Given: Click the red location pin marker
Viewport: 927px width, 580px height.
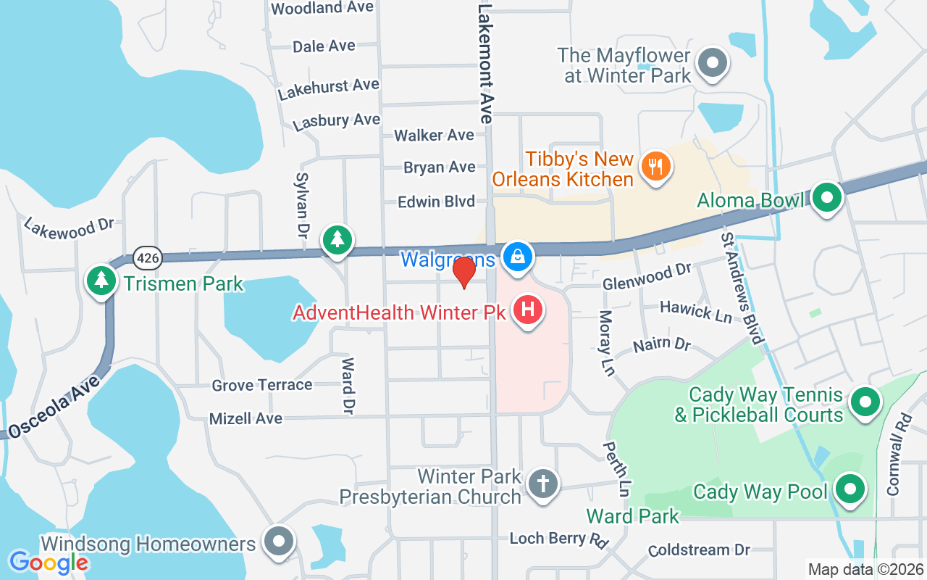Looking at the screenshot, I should point(463,271).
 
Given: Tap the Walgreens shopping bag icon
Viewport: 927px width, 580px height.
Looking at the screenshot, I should point(519,256).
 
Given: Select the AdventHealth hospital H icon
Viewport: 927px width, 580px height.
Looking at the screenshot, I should point(528,311).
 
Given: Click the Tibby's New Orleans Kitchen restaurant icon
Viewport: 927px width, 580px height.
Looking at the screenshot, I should point(656,166).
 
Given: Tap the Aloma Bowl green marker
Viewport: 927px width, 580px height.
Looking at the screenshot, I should point(826,197).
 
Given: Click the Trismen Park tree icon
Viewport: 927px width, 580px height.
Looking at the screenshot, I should point(101,281).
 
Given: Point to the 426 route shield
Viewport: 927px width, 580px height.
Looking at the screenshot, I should point(148,257).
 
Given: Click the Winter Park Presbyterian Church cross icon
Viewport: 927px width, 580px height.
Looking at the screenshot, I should point(542,483).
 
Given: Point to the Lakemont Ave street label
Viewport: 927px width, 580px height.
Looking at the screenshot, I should point(485,61).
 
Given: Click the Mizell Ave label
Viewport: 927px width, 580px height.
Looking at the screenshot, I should point(246,418).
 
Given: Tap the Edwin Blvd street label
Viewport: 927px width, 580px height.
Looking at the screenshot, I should point(436,202).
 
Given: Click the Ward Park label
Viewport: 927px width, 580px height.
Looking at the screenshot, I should point(632,516).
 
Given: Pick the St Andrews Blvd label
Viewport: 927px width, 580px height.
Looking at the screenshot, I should point(742,289).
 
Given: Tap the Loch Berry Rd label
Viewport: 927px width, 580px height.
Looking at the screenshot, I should point(558,539).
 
